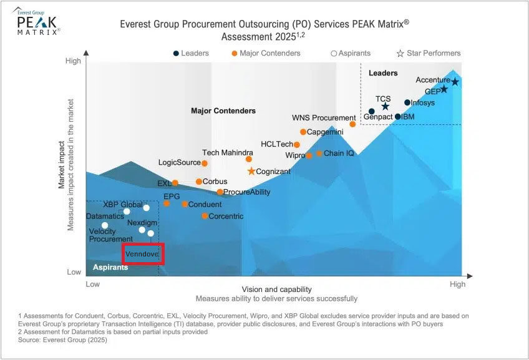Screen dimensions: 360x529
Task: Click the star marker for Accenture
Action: [x=455, y=82]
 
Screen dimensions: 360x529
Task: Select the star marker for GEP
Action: [x=444, y=89]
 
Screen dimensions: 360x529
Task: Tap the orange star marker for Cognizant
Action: [x=251, y=171]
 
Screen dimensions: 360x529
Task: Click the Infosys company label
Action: [x=422, y=103]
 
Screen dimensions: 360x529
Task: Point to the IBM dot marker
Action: [x=398, y=117]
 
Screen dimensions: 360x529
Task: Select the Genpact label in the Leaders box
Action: [x=378, y=117]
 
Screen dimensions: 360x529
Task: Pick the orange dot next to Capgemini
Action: [x=303, y=132]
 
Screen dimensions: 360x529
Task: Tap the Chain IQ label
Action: [x=339, y=153]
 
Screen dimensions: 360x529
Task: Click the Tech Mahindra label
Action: [x=228, y=153]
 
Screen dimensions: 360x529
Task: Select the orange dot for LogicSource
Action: [x=205, y=163]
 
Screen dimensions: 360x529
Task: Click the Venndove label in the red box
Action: [x=141, y=255]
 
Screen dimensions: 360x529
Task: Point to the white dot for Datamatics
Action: [x=105, y=225]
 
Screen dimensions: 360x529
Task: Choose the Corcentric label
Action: [x=226, y=216]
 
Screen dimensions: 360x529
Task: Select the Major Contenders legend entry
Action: [x=266, y=53]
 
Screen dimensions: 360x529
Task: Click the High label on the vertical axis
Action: [x=73, y=61]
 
